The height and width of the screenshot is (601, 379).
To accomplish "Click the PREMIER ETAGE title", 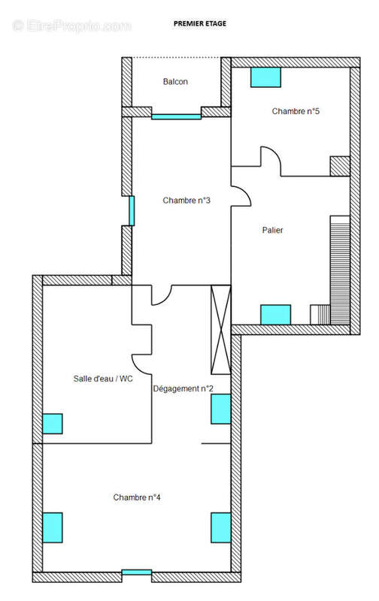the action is (x=200, y=23).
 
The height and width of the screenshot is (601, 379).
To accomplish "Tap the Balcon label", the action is (x=175, y=82).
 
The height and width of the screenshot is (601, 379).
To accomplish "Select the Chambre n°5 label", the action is (x=296, y=111).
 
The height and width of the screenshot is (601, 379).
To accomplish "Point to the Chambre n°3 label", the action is (x=186, y=201).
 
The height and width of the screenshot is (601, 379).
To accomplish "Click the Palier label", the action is (x=273, y=230).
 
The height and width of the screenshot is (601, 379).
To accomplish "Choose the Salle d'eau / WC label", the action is (x=103, y=379).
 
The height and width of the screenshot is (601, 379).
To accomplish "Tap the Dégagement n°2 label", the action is (x=183, y=388).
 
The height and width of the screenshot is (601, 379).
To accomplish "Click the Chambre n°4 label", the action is (x=137, y=497).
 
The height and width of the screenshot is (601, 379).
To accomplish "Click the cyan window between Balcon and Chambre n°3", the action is (x=176, y=116).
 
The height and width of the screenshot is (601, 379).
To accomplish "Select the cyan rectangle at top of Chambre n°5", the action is (x=266, y=77).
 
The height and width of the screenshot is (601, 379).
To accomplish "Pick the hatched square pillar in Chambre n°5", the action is (x=340, y=166).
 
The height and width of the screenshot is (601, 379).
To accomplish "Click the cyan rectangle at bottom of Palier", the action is (x=276, y=315).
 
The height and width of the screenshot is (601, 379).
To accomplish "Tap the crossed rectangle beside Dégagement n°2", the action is (x=221, y=330).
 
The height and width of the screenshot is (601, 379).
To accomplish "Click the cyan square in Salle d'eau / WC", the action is (x=53, y=424).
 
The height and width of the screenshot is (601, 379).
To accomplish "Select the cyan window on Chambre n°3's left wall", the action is (x=132, y=211).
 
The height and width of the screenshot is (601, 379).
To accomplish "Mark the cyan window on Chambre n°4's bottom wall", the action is (x=137, y=572).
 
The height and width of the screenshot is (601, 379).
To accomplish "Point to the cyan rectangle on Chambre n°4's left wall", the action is (x=53, y=528).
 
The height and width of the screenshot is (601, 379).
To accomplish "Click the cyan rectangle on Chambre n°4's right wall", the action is (x=221, y=528).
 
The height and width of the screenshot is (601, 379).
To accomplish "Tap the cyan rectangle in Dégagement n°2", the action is (x=221, y=409).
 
